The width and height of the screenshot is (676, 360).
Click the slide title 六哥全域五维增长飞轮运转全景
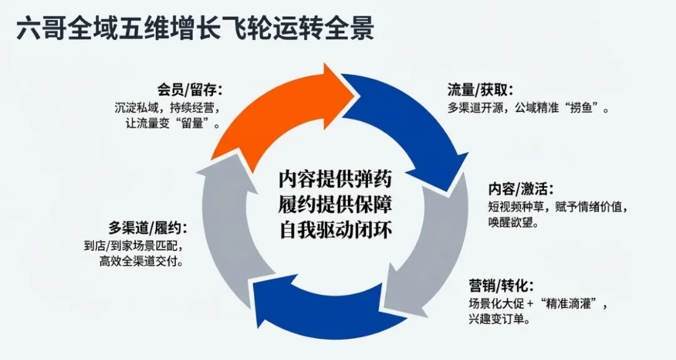[195, 29]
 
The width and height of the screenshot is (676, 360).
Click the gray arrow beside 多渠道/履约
[232, 219]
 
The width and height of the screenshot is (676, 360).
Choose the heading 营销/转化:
[501, 286]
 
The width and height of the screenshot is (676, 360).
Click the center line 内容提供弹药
[335, 180]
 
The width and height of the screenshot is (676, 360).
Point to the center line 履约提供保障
[335, 205]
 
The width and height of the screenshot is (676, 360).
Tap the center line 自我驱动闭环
[335, 230]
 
